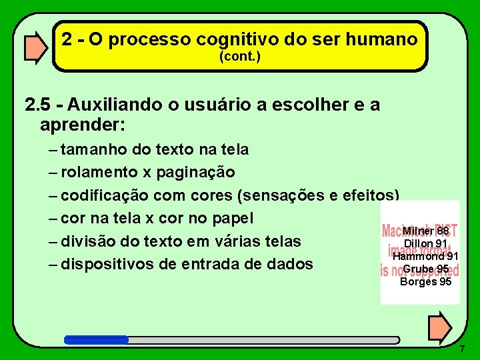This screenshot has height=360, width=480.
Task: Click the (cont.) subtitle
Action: pyautogui.click(x=240, y=57)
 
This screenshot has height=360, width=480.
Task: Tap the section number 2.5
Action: pyautogui.click(x=38, y=105)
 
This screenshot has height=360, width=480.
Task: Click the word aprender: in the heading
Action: pyautogui.click(x=83, y=124)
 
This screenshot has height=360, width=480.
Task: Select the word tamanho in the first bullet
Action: pyautogui.click(x=97, y=149)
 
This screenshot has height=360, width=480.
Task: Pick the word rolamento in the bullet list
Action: pyautogui.click(x=99, y=172)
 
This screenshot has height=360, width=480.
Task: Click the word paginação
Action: pyautogui.click(x=195, y=172)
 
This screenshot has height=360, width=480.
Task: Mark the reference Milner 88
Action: pyautogui.click(x=425, y=231)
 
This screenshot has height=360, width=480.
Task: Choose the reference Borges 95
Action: pyautogui.click(x=425, y=281)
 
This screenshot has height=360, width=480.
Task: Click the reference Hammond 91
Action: pyautogui.click(x=425, y=256)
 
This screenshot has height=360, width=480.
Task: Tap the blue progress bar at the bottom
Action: pyautogui.click(x=96, y=339)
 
